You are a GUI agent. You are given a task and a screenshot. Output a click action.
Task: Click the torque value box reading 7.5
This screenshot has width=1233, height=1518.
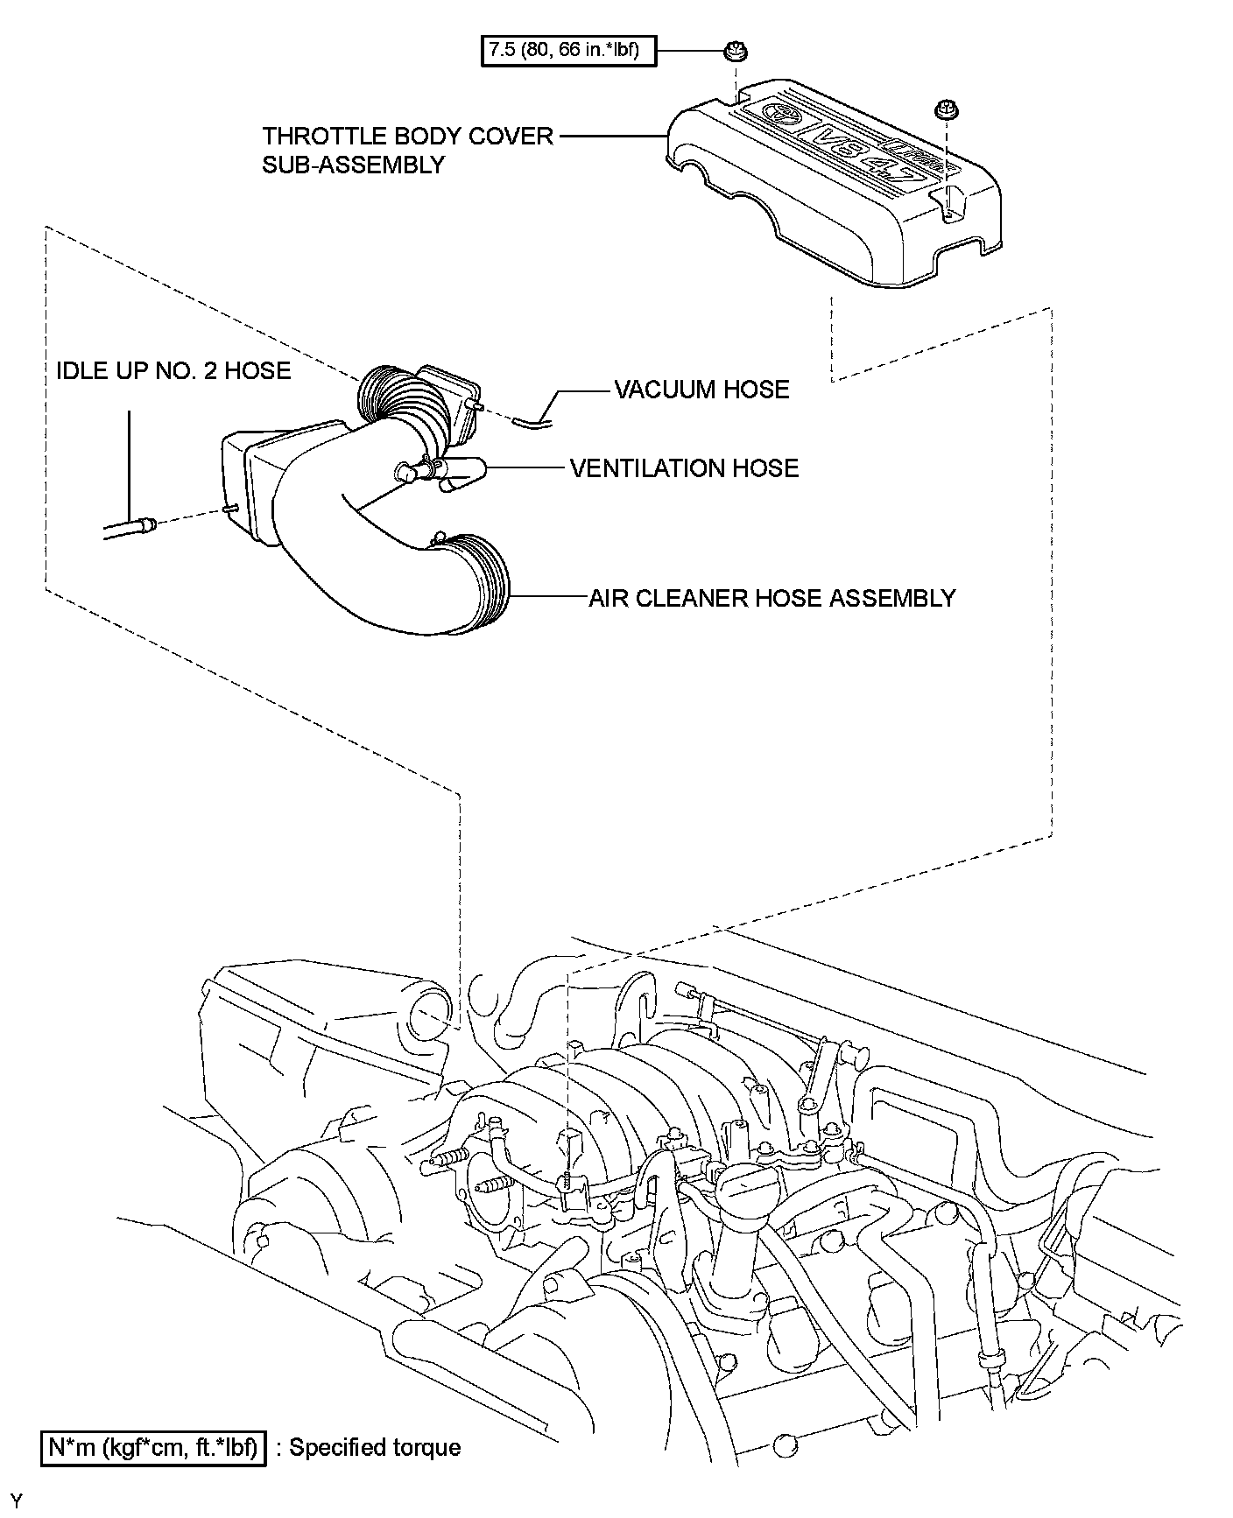pyautogui.click(x=568, y=49)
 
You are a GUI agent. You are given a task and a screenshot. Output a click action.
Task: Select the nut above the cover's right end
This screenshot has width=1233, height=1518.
pyautogui.click(x=945, y=109)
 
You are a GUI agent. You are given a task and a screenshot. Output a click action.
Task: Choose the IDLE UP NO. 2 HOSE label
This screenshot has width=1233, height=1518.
pyautogui.click(x=173, y=370)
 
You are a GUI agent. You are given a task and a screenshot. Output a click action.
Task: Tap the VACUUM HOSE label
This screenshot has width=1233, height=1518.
pyautogui.click(x=701, y=390)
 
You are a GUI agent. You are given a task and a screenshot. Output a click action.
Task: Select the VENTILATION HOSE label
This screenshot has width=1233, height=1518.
pyautogui.click(x=684, y=468)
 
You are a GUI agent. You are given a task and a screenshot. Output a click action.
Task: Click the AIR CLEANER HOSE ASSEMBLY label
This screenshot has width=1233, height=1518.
pyautogui.click(x=772, y=598)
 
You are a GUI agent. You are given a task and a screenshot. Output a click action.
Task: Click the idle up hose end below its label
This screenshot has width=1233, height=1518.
pyautogui.click(x=131, y=527)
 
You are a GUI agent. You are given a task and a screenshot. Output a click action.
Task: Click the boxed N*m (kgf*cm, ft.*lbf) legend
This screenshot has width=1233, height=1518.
pyautogui.click(x=153, y=1447)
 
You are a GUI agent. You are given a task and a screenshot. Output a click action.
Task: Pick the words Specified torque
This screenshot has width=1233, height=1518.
pyautogui.click(x=375, y=1447)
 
